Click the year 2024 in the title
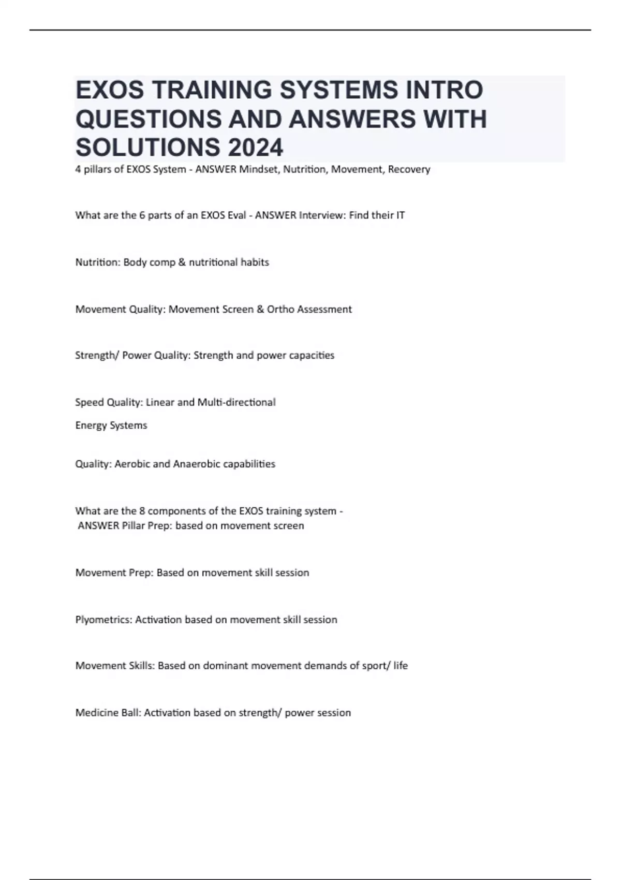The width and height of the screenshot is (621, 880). [255, 148]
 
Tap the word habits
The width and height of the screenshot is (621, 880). [255, 262]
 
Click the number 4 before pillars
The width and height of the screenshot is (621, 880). [78, 169]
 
